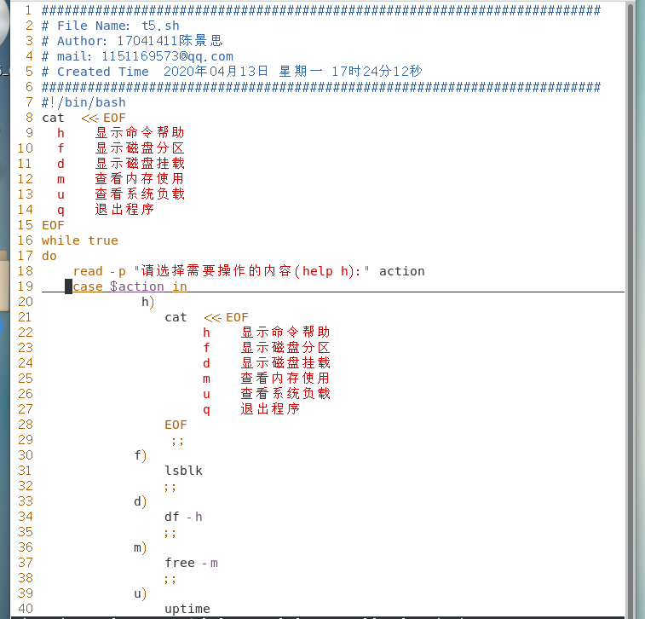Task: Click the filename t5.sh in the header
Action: tap(160, 26)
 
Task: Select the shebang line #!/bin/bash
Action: tap(84, 102)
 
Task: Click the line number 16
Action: tap(25, 240)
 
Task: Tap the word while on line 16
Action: tap(60, 240)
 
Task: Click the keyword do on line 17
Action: tap(49, 256)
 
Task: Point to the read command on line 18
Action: tap(88, 271)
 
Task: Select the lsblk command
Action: tap(184, 471)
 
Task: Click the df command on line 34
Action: tap(173, 517)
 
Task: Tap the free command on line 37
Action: tap(180, 563)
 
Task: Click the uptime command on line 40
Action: tap(187, 609)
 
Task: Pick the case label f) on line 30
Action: tap(141, 455)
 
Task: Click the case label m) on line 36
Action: tap(141, 547)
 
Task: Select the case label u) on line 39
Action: tap(141, 593)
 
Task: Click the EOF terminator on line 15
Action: tap(53, 225)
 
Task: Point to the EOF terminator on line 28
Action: tap(176, 425)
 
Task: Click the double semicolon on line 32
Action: tap(171, 486)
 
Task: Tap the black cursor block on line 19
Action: tap(69, 286)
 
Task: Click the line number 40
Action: tap(25, 609)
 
